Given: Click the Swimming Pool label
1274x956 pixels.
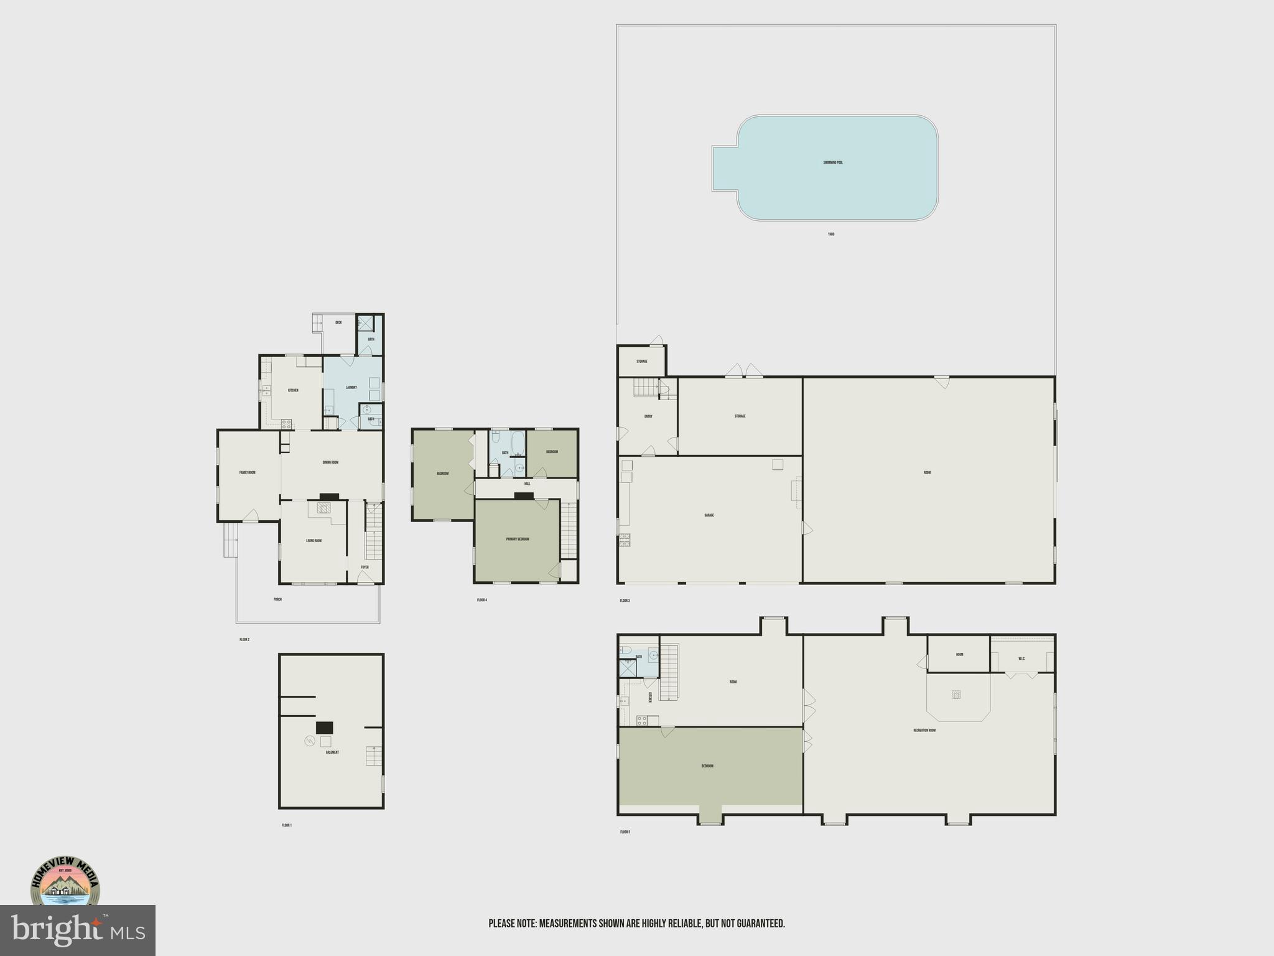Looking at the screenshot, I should (x=833, y=162).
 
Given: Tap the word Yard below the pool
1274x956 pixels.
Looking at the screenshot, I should (x=831, y=235).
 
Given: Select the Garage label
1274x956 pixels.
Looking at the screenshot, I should (x=709, y=515).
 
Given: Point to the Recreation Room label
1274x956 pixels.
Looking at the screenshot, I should (x=924, y=730).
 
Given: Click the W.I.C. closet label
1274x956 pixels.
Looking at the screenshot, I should (x=1022, y=659).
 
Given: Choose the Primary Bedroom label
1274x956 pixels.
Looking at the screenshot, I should (x=518, y=539).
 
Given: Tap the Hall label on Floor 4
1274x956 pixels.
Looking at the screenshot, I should (x=528, y=484).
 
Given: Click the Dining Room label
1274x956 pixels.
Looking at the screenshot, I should (x=330, y=462).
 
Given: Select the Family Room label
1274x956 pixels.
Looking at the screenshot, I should (x=248, y=472).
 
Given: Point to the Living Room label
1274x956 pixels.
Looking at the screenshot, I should (x=314, y=541).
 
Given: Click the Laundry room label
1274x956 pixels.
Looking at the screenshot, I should (x=351, y=387).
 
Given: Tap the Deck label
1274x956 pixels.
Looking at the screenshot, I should (x=338, y=322).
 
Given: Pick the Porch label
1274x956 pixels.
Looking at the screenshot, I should (x=277, y=599).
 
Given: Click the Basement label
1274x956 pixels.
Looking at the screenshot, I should (x=332, y=752).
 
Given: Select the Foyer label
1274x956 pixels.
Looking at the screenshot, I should (x=365, y=567).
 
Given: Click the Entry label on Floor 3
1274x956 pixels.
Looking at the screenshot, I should (x=648, y=416).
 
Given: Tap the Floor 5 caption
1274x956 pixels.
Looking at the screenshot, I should (x=625, y=832).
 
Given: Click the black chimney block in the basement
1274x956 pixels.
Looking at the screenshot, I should (x=325, y=728).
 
